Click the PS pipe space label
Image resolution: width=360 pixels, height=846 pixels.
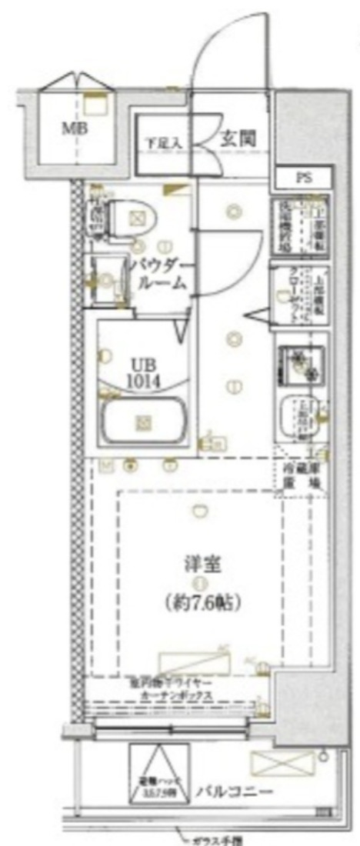305,177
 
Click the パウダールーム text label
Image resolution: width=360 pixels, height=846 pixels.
161,275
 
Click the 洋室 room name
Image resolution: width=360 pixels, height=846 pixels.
205,565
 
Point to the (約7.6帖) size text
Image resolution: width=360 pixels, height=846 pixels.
204,602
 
